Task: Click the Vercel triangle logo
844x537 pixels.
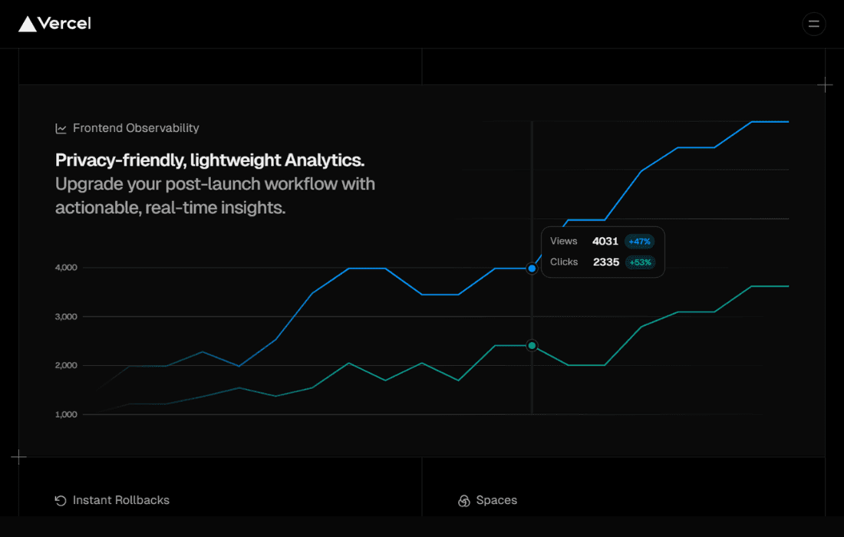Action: (x=28, y=24)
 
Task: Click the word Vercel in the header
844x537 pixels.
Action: (x=64, y=24)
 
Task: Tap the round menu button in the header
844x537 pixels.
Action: (x=814, y=24)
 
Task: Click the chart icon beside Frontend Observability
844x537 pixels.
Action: (x=61, y=129)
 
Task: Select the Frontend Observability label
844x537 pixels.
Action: (x=136, y=128)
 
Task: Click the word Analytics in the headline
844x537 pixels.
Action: (x=325, y=160)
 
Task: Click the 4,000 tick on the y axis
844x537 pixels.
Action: (x=66, y=268)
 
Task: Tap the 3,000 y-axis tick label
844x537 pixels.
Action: (x=66, y=316)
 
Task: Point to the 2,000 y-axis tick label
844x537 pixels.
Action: (x=66, y=365)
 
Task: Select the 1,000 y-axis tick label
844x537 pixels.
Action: (x=66, y=414)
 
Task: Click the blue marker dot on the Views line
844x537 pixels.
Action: (x=532, y=268)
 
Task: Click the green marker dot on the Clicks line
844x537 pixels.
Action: (x=532, y=345)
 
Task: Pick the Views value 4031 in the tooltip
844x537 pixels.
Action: (x=605, y=241)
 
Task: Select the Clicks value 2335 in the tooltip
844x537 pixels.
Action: (x=606, y=262)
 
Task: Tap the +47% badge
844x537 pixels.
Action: (x=639, y=242)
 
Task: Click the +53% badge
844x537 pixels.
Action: (x=640, y=262)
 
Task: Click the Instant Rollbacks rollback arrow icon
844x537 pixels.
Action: (x=61, y=501)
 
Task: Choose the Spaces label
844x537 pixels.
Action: (x=497, y=500)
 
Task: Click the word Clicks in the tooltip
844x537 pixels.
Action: (x=564, y=262)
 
